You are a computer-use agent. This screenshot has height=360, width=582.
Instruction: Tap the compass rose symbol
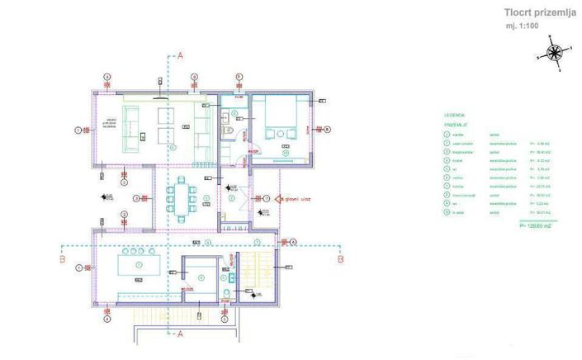[554, 54]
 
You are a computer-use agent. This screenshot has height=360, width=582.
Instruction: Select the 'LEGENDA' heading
[455, 116]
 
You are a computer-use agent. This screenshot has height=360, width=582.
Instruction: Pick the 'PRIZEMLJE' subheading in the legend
[457, 125]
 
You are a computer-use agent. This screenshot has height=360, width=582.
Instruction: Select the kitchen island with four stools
[139, 264]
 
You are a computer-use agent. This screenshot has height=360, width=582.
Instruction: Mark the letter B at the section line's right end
[340, 258]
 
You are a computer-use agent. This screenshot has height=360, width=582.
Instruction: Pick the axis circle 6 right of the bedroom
[327, 130]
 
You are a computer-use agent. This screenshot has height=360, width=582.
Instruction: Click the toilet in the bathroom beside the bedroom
[229, 132]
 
